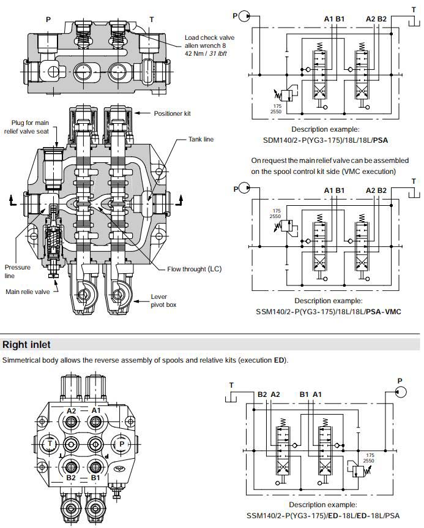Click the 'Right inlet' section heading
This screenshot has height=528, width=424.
(x=27, y=345)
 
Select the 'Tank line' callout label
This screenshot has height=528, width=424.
(x=201, y=139)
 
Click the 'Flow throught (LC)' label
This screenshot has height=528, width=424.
(x=195, y=269)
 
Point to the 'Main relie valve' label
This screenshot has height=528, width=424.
(x=28, y=292)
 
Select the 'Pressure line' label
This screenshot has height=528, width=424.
(x=17, y=271)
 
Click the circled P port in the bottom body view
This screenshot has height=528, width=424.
(x=121, y=443)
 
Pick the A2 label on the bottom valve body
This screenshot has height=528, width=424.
(x=72, y=410)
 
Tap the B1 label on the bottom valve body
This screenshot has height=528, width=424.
(x=95, y=477)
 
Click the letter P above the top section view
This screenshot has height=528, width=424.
(x=48, y=19)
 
